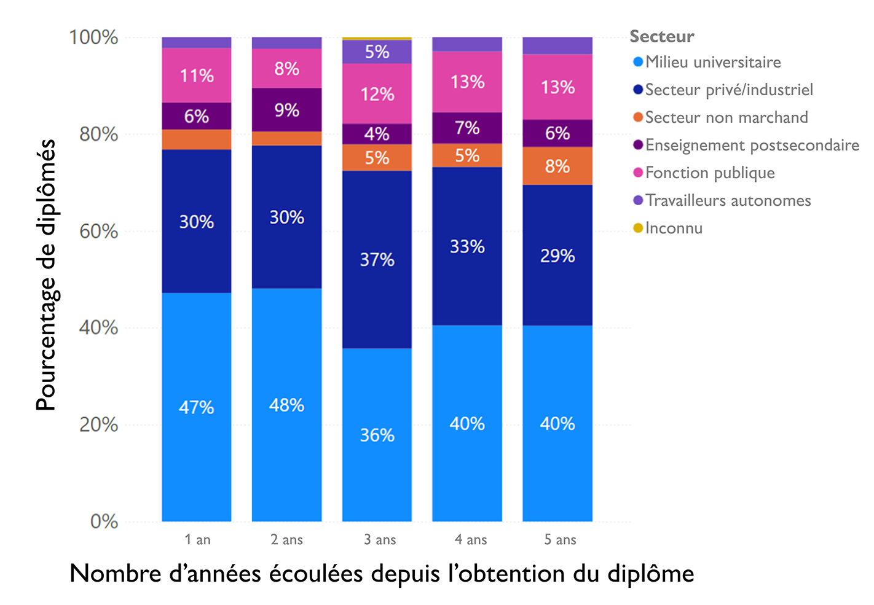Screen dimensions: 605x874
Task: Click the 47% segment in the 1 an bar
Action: [197, 407]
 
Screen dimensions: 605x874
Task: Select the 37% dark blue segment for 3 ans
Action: [377, 259]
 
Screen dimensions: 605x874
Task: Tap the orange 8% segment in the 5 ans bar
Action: [557, 166]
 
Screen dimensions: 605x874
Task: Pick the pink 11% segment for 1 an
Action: [197, 76]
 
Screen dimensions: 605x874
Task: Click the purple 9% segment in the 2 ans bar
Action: [286, 110]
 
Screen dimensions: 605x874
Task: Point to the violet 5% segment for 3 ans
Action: [377, 52]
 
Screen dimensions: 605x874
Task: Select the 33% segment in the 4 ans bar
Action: [467, 246]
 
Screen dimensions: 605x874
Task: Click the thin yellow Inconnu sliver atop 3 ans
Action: [377, 39]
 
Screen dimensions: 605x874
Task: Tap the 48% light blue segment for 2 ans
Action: [286, 405]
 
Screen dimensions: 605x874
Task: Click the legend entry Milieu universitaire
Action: [712, 62]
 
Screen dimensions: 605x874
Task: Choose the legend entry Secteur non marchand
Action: [726, 117]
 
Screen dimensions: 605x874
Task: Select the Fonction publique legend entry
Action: [709, 173]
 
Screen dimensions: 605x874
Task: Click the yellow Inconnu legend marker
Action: [638, 228]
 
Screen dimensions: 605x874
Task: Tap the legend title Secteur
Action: [661, 36]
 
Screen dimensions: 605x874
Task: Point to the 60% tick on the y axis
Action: [98, 231]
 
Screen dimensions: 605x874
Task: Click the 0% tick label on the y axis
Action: [104, 521]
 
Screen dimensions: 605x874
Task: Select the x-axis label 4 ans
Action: [471, 539]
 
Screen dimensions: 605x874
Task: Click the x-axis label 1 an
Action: [197, 539]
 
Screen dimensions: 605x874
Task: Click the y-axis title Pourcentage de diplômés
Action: [46, 275]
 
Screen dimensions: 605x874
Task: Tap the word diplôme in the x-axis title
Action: [650, 574]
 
